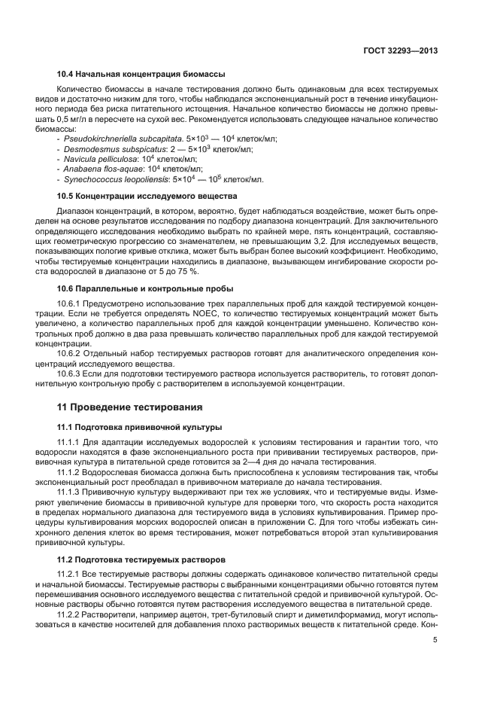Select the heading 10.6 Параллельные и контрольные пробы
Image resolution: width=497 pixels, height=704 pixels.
coord(135,288)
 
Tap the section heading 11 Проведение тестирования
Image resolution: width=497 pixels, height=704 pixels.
coord(129,407)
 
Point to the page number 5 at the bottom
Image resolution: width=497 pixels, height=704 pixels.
coord(435,641)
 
